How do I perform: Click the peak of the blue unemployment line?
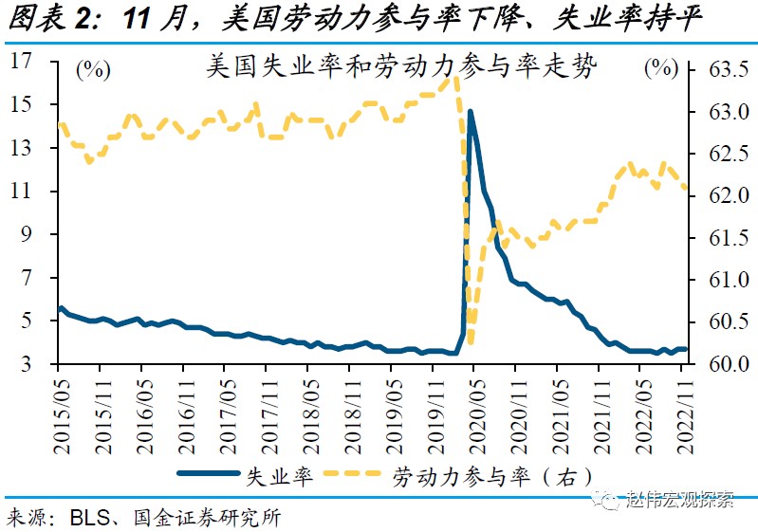[x=470, y=112]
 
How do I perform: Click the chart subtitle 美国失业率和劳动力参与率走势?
[x=401, y=69]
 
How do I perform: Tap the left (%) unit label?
[x=92, y=69]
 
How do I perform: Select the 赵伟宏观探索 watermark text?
[x=681, y=500]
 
